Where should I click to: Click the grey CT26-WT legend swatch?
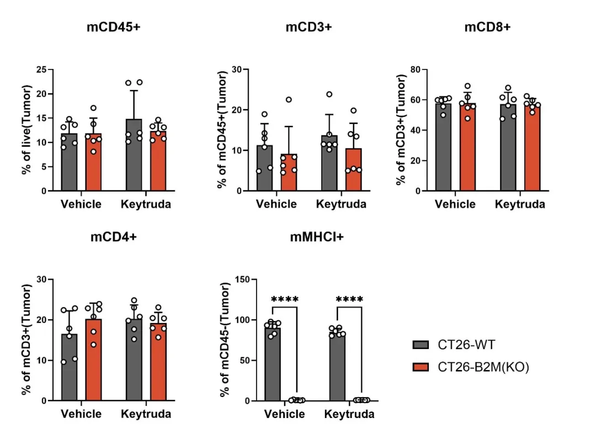pyautogui.click(x=421, y=346)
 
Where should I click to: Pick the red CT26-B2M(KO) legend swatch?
pyautogui.click(x=421, y=367)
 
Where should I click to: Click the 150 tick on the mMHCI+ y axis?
pyautogui.click(x=238, y=279)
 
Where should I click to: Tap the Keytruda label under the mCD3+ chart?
pyautogui.click(x=341, y=204)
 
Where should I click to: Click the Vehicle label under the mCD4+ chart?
pyautogui.click(x=81, y=414)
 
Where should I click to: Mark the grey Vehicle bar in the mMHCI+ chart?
pyautogui.click(x=273, y=364)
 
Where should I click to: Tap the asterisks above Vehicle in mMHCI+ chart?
pyautogui.click(x=285, y=300)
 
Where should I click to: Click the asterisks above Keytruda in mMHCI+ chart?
pyautogui.click(x=350, y=300)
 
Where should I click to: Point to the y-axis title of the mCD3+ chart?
pyautogui.click(x=222, y=130)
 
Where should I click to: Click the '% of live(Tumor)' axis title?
pyautogui.click(x=26, y=130)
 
